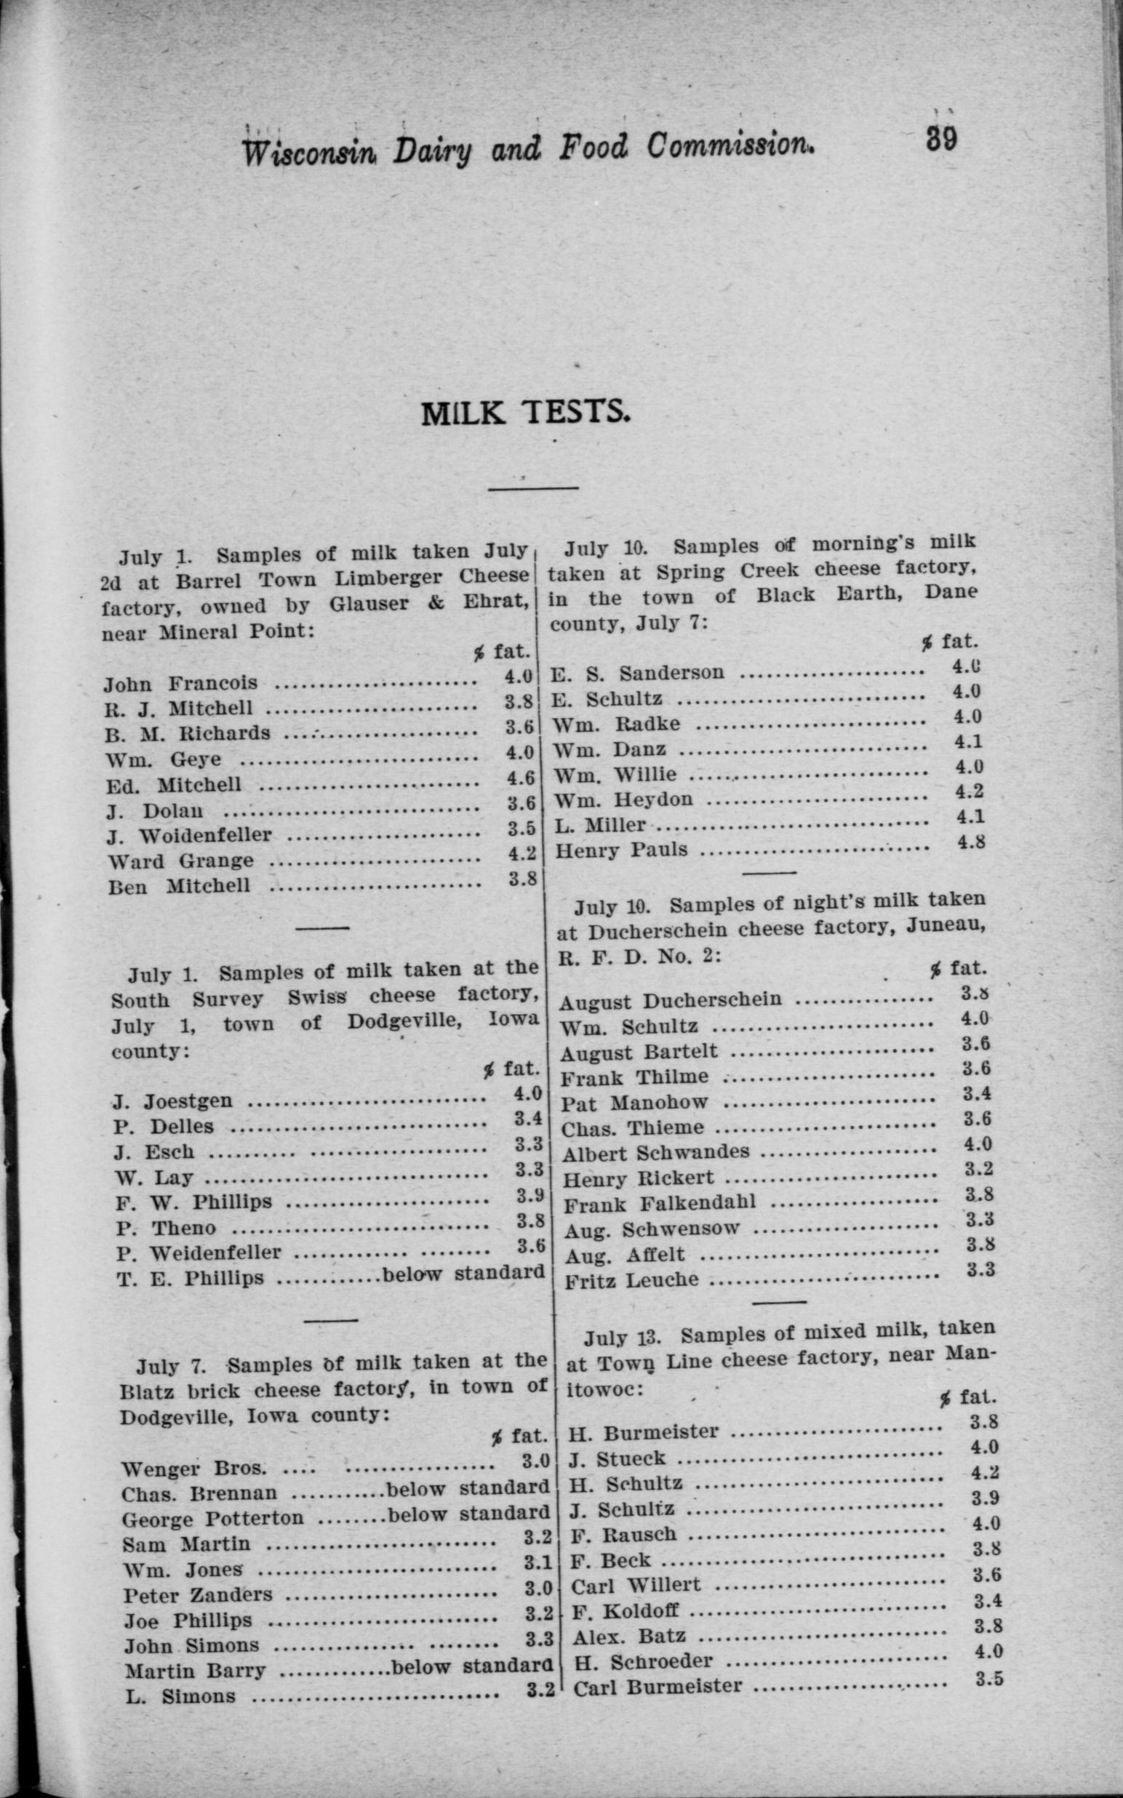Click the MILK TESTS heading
[x=526, y=412]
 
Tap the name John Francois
[x=180, y=682]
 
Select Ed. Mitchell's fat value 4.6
[x=520, y=778]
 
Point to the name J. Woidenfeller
[x=190, y=836]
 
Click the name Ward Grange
[x=180, y=860]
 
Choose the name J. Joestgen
[x=172, y=1100]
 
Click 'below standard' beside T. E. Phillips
[x=464, y=1272]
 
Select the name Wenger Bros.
[x=193, y=1469]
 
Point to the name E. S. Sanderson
[x=637, y=673]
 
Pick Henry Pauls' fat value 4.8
[x=970, y=842]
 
